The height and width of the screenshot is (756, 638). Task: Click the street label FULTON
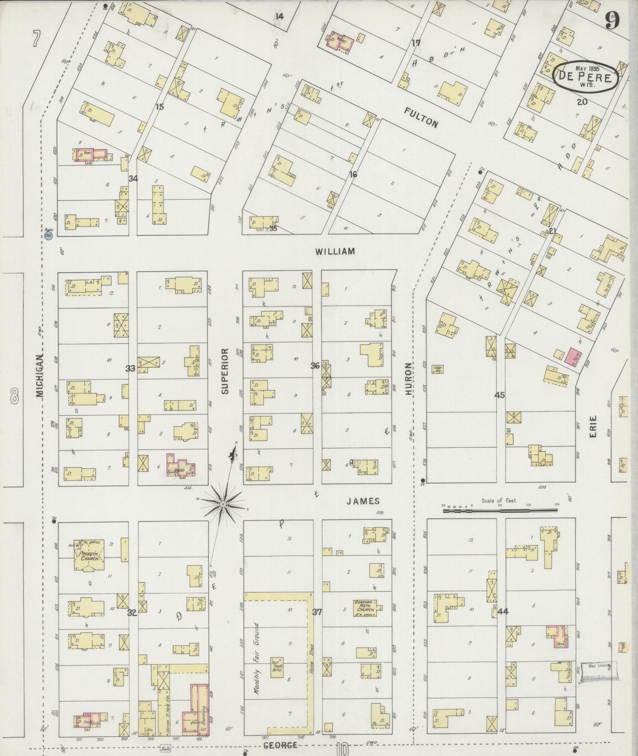tap(422, 117)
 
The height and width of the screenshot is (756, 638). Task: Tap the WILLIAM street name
tap(335, 252)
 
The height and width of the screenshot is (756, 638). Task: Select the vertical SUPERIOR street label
tap(225, 371)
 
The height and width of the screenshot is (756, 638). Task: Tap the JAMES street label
tap(362, 501)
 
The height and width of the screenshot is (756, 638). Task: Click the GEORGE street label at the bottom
tap(280, 745)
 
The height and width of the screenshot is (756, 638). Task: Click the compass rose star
tap(223, 503)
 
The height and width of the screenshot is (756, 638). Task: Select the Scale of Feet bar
tap(501, 510)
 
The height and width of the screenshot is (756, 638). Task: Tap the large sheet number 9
tap(613, 19)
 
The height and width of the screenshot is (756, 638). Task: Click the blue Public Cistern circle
tap(49, 237)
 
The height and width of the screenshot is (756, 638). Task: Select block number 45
tap(499, 395)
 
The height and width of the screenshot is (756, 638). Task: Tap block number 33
tap(130, 368)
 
